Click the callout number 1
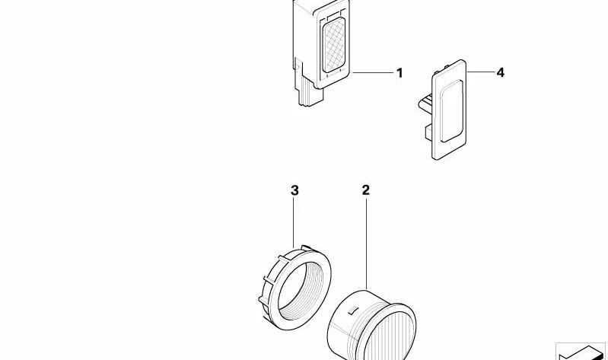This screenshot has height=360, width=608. [399, 73]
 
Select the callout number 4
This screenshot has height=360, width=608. [500, 72]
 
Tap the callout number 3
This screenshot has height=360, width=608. [294, 190]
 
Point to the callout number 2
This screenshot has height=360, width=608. [366, 190]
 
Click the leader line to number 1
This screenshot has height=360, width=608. [372, 72]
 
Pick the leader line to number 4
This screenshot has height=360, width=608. [479, 72]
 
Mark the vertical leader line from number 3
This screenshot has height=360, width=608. [294, 223]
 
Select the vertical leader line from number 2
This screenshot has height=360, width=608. [366, 244]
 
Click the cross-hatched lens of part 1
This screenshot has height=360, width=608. [333, 45]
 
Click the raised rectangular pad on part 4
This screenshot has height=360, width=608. [452, 111]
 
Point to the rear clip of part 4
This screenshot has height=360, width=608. [425, 113]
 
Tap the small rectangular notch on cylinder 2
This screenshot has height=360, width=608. [352, 310]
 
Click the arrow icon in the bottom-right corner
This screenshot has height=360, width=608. [581, 352]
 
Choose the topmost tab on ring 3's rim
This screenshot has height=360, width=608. [307, 247]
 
